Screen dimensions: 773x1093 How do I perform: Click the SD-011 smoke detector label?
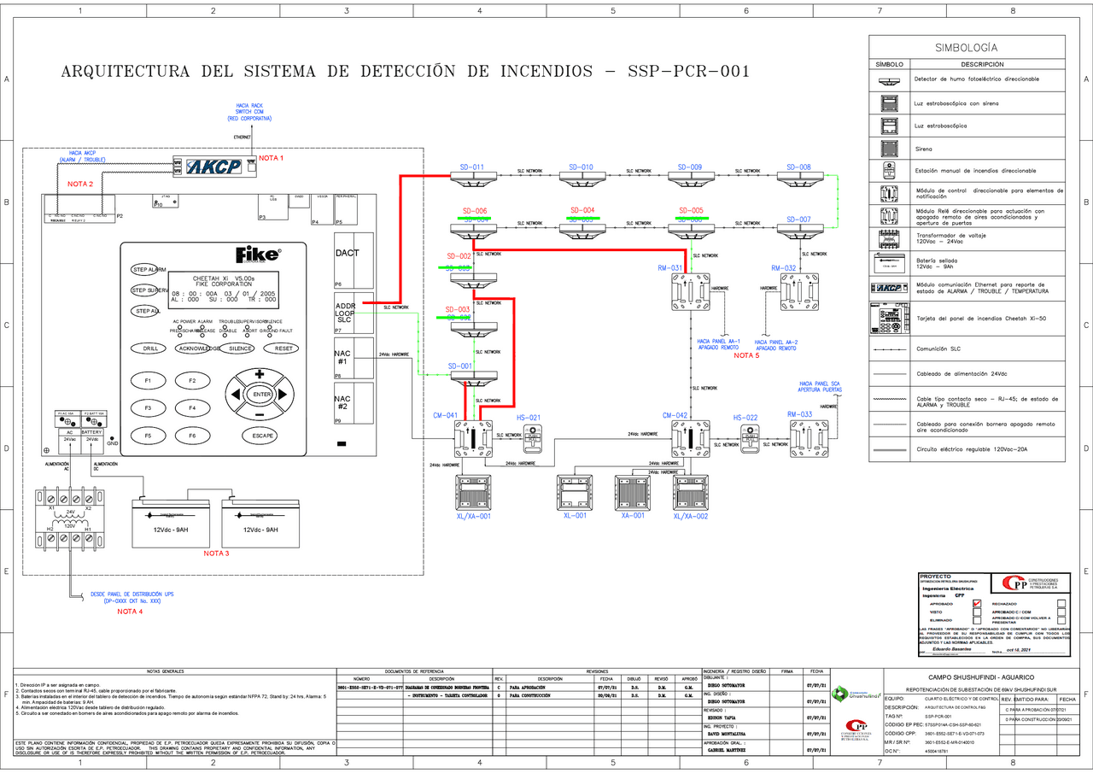[471, 167]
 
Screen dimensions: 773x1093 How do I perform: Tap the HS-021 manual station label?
[529, 418]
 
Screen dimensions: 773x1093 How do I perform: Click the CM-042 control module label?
[675, 415]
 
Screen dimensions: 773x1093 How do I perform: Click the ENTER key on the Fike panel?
[260, 395]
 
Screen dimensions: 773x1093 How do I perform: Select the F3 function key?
[148, 408]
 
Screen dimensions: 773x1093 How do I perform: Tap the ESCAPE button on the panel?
[263, 436]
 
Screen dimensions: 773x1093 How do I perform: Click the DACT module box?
[348, 253]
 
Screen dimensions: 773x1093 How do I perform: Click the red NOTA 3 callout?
[216, 553]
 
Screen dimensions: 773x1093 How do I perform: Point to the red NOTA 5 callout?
[745, 355]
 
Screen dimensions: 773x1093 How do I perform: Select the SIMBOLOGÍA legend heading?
[966, 48]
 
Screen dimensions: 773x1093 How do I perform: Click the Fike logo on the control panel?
[256, 255]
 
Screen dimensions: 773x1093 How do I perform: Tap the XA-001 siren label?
[632, 516]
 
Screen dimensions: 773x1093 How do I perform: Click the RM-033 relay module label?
[800, 414]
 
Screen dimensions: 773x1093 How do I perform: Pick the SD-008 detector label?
[798, 167]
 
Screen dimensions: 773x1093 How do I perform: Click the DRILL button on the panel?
[150, 348]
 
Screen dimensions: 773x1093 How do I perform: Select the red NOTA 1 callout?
[271, 158]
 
